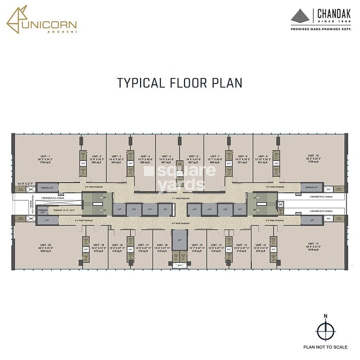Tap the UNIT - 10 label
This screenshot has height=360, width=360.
coord(313,156)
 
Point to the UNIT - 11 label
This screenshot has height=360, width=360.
coord(314,245)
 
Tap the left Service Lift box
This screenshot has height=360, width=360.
coord(46,188)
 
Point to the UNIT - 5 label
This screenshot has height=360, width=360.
coord(166,156)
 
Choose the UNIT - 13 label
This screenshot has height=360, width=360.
coord(242,245)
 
